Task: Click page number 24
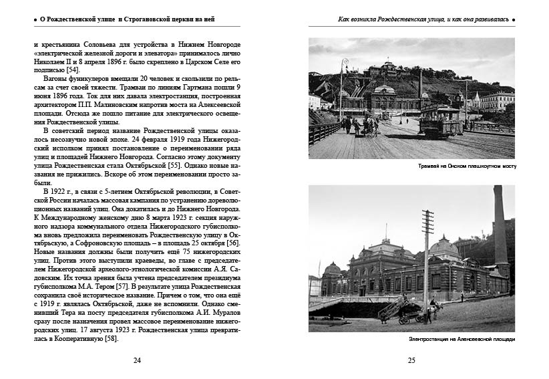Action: (137, 360)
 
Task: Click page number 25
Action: (411, 360)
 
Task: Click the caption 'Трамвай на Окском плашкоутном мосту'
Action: (467, 165)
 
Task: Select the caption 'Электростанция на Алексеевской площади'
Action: (462, 340)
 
